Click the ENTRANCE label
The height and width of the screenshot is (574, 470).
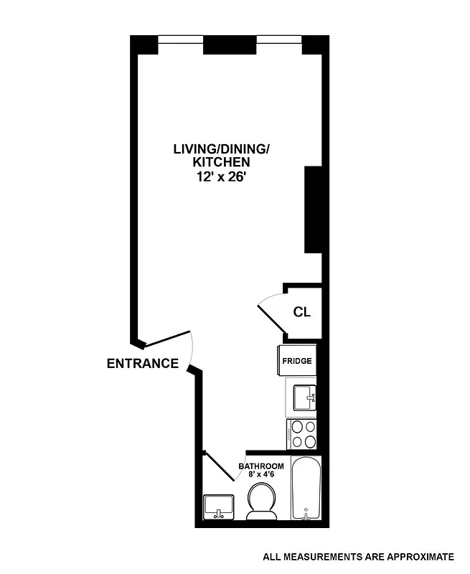(x=142, y=363)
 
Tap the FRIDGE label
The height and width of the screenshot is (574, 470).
(x=296, y=361)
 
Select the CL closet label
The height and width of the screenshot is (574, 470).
(x=301, y=313)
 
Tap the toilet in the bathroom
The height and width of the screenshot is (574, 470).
(x=261, y=500)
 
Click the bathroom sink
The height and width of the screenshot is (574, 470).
(x=218, y=506)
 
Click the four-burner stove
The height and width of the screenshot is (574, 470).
(x=301, y=433)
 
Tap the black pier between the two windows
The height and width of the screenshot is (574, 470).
(x=230, y=44)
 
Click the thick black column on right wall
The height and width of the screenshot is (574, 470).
(x=314, y=209)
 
